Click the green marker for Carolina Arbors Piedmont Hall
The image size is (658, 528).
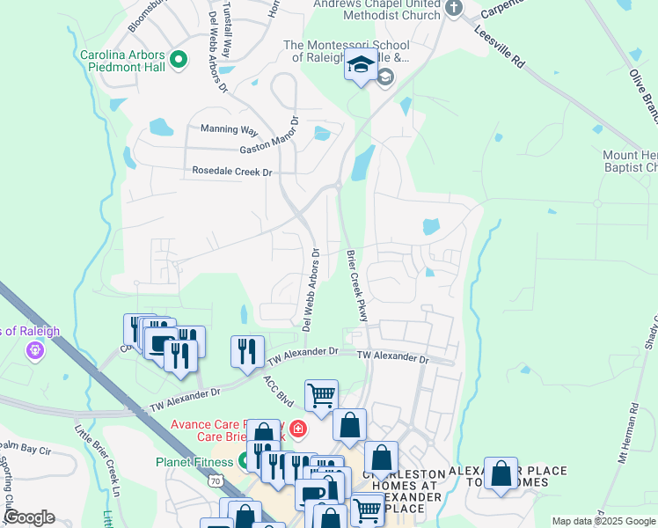click(x=179, y=60)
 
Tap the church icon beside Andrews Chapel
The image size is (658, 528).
click(x=454, y=9)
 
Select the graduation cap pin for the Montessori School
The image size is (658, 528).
click(x=360, y=66)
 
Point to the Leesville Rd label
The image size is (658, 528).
click(x=499, y=45)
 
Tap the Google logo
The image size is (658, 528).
click(x=28, y=517)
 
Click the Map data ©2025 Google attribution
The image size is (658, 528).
click(x=603, y=521)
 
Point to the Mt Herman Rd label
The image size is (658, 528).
click(x=632, y=457)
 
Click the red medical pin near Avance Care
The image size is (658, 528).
click(x=298, y=429)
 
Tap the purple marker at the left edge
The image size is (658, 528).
click(x=34, y=350)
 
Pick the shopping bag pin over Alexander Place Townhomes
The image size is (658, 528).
click(x=501, y=473)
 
